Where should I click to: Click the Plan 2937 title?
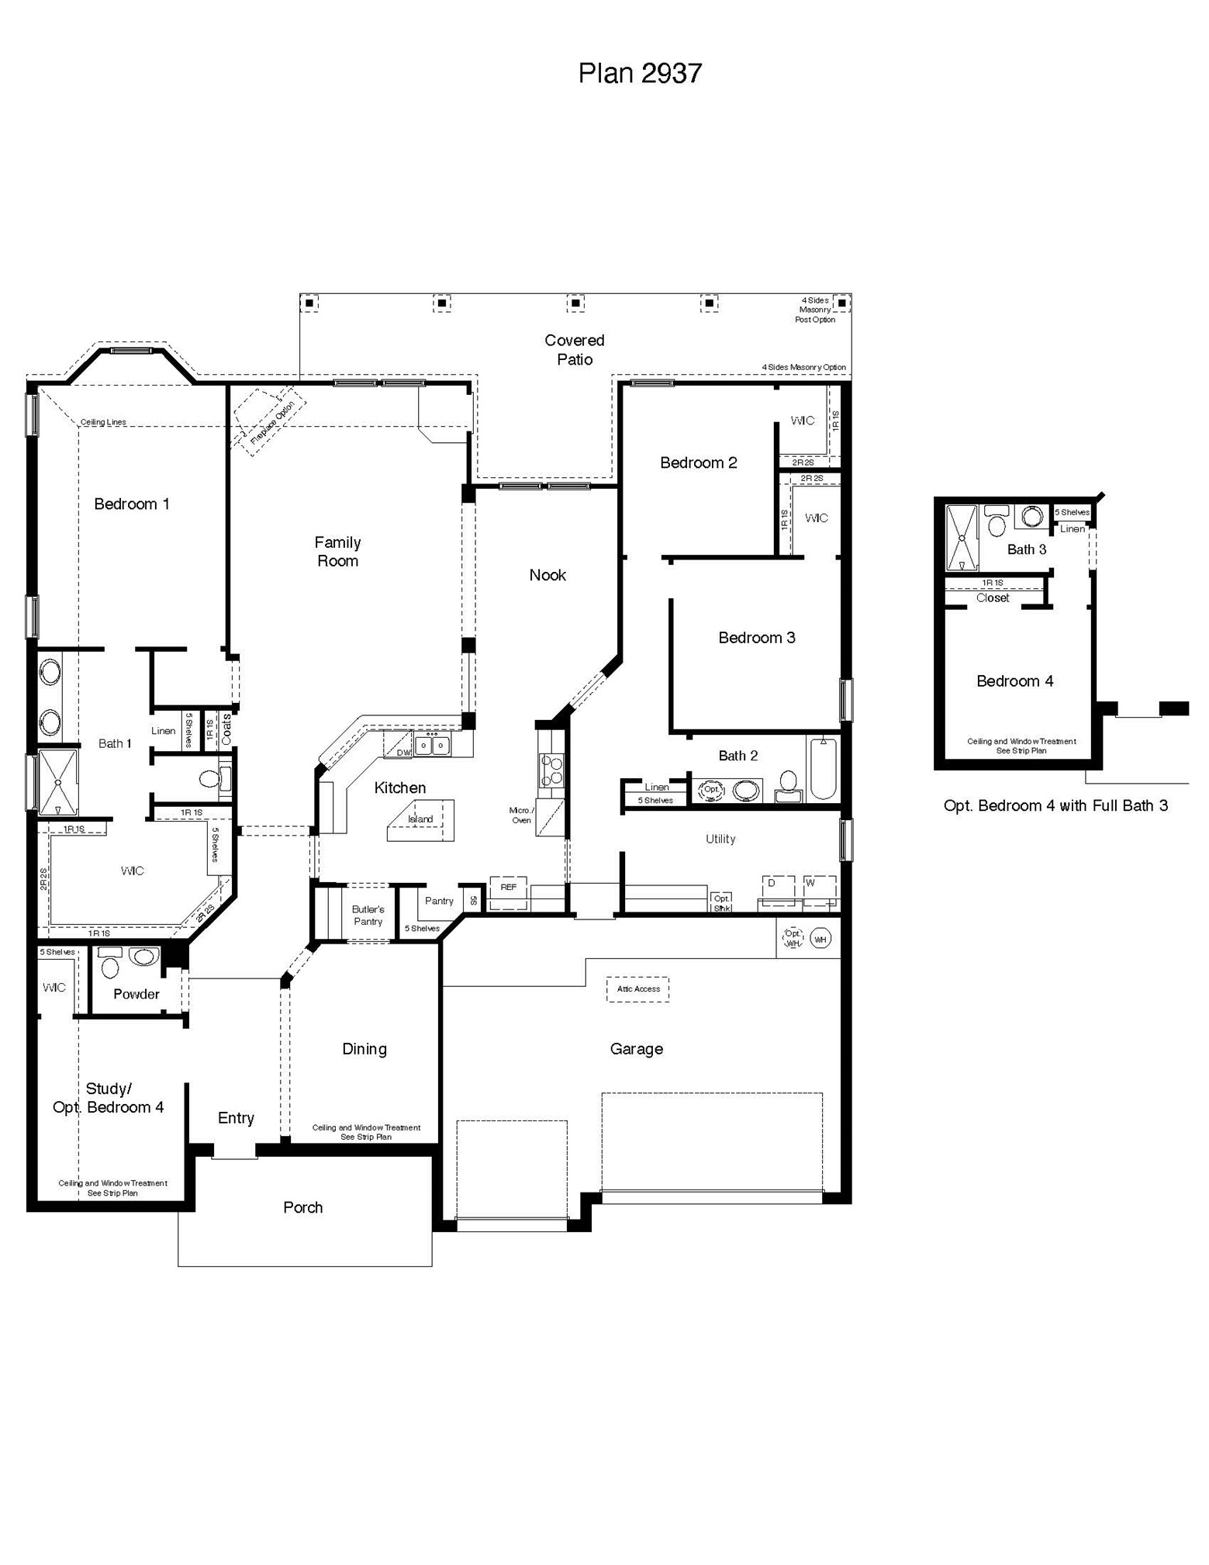tap(640, 73)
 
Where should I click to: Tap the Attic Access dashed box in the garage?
tap(637, 989)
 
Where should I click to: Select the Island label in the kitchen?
tap(420, 819)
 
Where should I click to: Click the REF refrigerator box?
tap(509, 888)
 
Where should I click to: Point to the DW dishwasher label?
tap(403, 753)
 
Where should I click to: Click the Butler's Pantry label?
tap(368, 916)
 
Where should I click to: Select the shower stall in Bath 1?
tap(58, 781)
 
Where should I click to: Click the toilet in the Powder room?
tap(110, 965)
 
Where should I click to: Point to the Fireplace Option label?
tap(272, 423)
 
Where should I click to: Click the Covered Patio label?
tap(574, 350)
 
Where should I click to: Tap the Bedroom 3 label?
tap(756, 638)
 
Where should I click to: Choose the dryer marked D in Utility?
tap(778, 890)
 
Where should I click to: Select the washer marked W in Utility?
tap(819, 890)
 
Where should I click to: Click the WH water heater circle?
tap(820, 939)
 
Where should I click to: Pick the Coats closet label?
tap(226, 730)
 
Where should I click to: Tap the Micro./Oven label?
tap(521, 815)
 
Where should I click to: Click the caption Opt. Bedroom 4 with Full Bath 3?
tap(1055, 806)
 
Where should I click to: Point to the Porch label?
tap(302, 1207)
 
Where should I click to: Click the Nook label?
tap(548, 575)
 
